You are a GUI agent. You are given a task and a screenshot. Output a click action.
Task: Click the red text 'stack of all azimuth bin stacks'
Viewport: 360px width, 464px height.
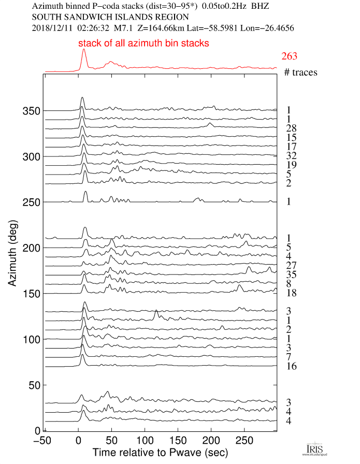pyautogui.click(x=143, y=44)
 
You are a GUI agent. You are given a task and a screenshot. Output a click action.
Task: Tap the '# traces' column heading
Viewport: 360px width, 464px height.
pyautogui.click(x=300, y=72)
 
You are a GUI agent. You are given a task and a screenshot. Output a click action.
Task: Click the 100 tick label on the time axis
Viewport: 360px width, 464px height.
pyautogui.click(x=145, y=441)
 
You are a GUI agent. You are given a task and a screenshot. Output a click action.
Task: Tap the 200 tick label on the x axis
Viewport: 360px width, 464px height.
pyautogui.click(x=211, y=441)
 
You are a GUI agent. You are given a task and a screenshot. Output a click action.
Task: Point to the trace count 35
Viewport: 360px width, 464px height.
pyautogui.click(x=292, y=275)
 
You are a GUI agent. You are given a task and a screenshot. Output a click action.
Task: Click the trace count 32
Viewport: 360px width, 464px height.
pyautogui.click(x=292, y=156)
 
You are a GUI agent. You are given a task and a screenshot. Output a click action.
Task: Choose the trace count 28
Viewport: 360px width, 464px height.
pyautogui.click(x=292, y=128)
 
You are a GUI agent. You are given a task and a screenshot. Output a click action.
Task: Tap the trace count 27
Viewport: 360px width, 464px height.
pyautogui.click(x=292, y=266)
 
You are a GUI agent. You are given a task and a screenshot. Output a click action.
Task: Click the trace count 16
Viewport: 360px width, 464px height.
pyautogui.click(x=292, y=367)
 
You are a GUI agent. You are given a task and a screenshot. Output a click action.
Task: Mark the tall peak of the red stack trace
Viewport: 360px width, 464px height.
pyautogui.click(x=84, y=51)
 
